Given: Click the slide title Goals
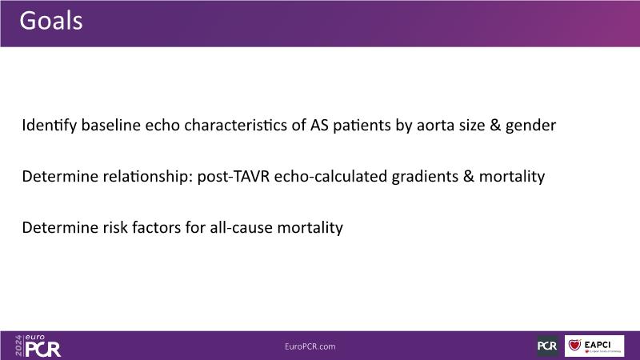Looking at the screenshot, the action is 51,21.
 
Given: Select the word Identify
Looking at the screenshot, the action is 50,126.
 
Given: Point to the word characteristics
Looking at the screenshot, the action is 236,125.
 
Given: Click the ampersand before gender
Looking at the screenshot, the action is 495,125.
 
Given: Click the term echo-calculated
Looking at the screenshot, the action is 330,176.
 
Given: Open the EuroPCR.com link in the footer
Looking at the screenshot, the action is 310,346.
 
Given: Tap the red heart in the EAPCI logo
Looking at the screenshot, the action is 574,345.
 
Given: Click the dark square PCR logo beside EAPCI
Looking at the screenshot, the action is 547,346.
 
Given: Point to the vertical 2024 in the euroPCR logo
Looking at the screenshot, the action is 18,346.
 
